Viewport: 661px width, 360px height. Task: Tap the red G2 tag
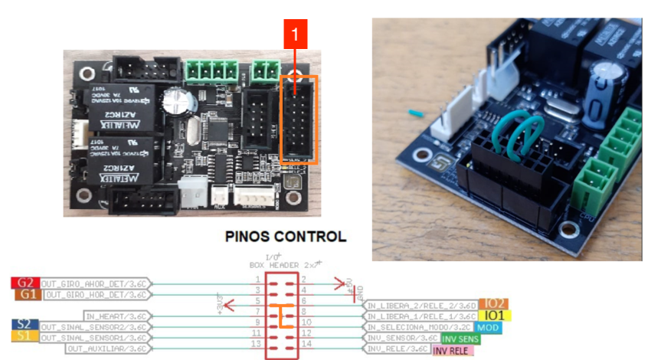pos(26,283)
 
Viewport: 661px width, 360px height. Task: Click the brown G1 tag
pos(28,293)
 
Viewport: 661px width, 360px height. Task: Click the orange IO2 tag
pos(493,304)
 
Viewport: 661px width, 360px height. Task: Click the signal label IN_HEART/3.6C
pos(116,316)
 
